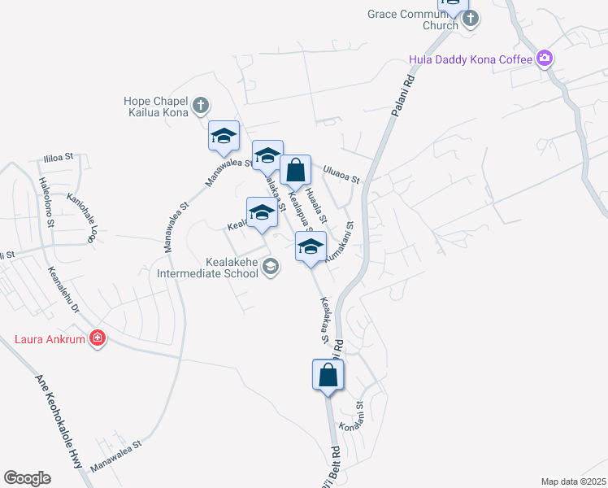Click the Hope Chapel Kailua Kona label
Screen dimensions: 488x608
[156, 107]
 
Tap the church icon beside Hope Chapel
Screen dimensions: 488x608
[201, 105]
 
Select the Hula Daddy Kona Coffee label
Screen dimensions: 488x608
[471, 59]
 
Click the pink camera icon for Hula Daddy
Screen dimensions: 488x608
[544, 59]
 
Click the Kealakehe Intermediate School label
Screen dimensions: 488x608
[209, 268]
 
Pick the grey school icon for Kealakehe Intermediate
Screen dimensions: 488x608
[271, 266]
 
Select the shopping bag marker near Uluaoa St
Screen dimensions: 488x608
[296, 171]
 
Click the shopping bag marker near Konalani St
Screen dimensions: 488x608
[328, 376]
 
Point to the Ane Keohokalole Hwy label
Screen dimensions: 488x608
[59, 421]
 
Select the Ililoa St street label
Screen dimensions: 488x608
[59, 155]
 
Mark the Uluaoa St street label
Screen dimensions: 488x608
[341, 176]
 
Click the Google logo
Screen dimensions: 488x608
[27, 478]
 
